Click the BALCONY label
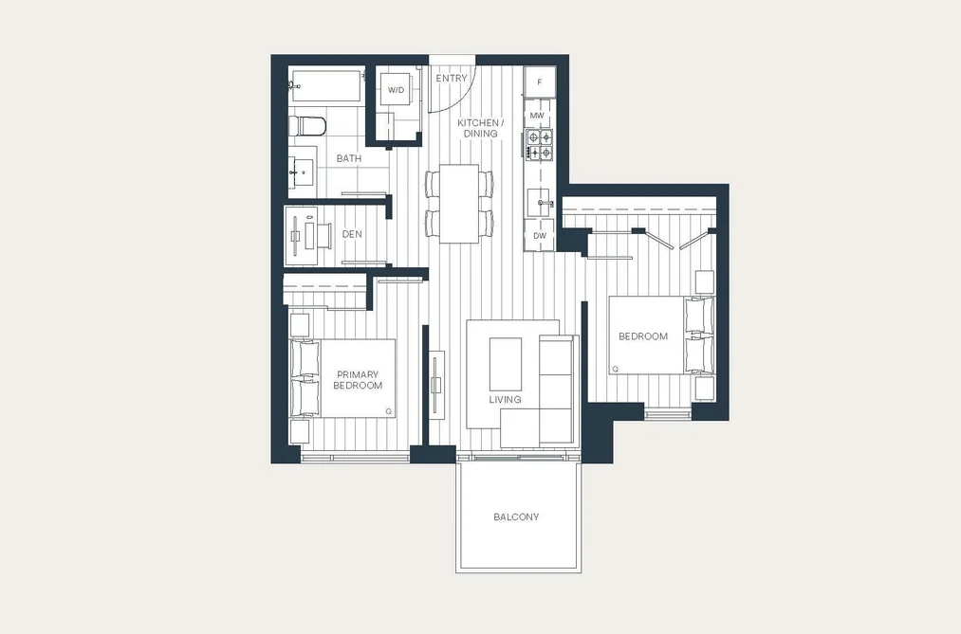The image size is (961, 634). (516, 517)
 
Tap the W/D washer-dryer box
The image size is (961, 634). (396, 90)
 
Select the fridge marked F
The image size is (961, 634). (540, 82)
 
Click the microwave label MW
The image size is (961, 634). (537, 116)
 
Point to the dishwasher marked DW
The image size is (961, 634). (540, 236)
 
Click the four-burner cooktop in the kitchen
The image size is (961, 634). (540, 145)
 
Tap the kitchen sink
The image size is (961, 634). (540, 203)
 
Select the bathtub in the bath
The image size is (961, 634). (326, 85)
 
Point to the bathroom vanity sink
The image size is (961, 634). (302, 172)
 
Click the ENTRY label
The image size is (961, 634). (451, 79)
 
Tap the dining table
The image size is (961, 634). (459, 203)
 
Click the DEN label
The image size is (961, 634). (352, 234)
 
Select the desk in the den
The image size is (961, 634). (301, 236)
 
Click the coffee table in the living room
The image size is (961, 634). (506, 364)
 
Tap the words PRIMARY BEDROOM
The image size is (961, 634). (358, 380)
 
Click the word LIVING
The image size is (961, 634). (505, 400)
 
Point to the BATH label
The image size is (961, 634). (349, 158)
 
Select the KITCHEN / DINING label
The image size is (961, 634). (480, 128)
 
